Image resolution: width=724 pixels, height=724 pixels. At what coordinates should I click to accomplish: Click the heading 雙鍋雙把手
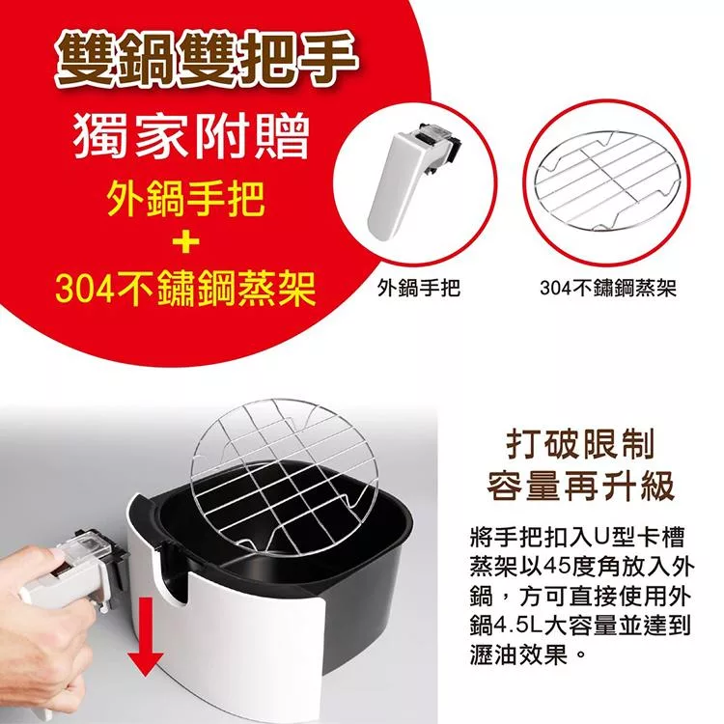click(206, 60)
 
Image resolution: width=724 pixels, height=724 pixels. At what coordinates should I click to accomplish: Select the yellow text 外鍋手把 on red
click(186, 199)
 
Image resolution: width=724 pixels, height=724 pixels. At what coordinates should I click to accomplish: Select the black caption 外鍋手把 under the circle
click(419, 289)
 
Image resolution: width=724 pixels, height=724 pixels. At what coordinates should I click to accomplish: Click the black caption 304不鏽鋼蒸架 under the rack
click(608, 289)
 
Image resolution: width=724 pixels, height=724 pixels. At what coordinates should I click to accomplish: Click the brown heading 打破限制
click(580, 444)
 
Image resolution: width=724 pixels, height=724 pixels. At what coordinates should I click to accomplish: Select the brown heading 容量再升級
click(580, 486)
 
